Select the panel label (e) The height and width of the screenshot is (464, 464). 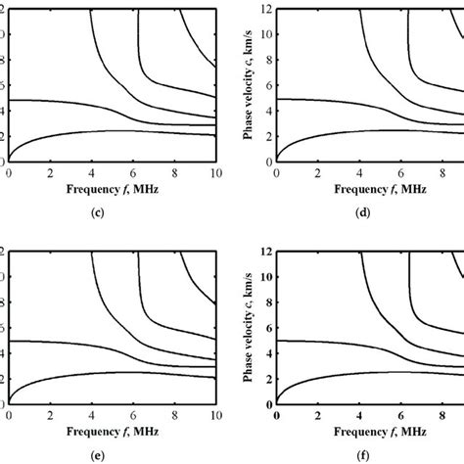pos(115,454)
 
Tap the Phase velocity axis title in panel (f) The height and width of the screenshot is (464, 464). pos(249,329)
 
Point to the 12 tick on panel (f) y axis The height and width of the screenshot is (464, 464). pos(266,252)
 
